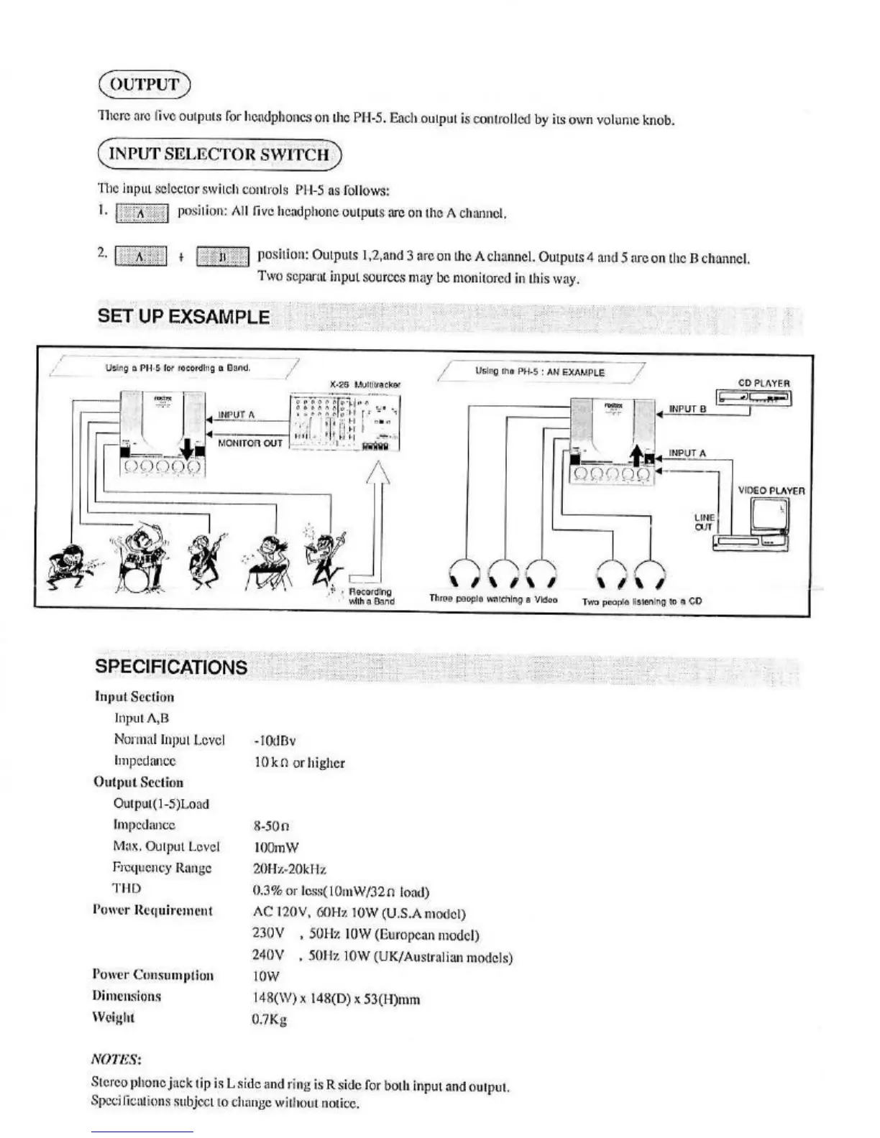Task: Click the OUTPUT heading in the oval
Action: (144, 84)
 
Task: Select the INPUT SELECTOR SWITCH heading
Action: (219, 154)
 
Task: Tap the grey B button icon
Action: (223, 256)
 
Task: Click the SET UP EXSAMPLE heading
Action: (183, 317)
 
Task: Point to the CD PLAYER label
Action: (764, 384)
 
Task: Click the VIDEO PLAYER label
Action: (771, 491)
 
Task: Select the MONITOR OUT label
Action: (249, 443)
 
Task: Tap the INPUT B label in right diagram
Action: (687, 409)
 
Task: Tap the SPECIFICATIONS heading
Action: (171, 667)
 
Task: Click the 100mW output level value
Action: (276, 848)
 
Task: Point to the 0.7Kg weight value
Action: (269, 1019)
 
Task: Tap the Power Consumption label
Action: (152, 975)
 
